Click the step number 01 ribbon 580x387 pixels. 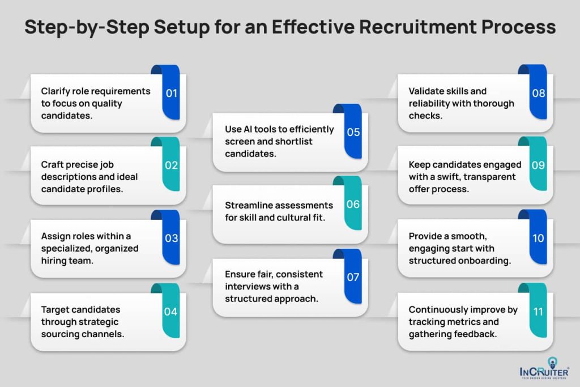pyautogui.click(x=171, y=93)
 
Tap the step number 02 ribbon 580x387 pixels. pyautogui.click(x=171, y=165)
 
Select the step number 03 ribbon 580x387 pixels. pyautogui.click(x=171, y=238)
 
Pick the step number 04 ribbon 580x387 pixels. pyautogui.click(x=171, y=311)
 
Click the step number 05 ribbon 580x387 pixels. pyautogui.click(x=353, y=132)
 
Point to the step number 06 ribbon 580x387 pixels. pyautogui.click(x=353, y=204)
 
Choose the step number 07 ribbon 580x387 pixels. pyautogui.click(x=353, y=277)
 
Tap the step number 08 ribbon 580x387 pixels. pyautogui.click(x=538, y=93)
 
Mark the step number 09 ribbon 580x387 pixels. pyautogui.click(x=538, y=165)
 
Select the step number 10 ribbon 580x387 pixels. pyautogui.click(x=538, y=238)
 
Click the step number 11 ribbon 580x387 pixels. pyautogui.click(x=538, y=311)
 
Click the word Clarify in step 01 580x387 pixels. pyautogui.click(x=54, y=91)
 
